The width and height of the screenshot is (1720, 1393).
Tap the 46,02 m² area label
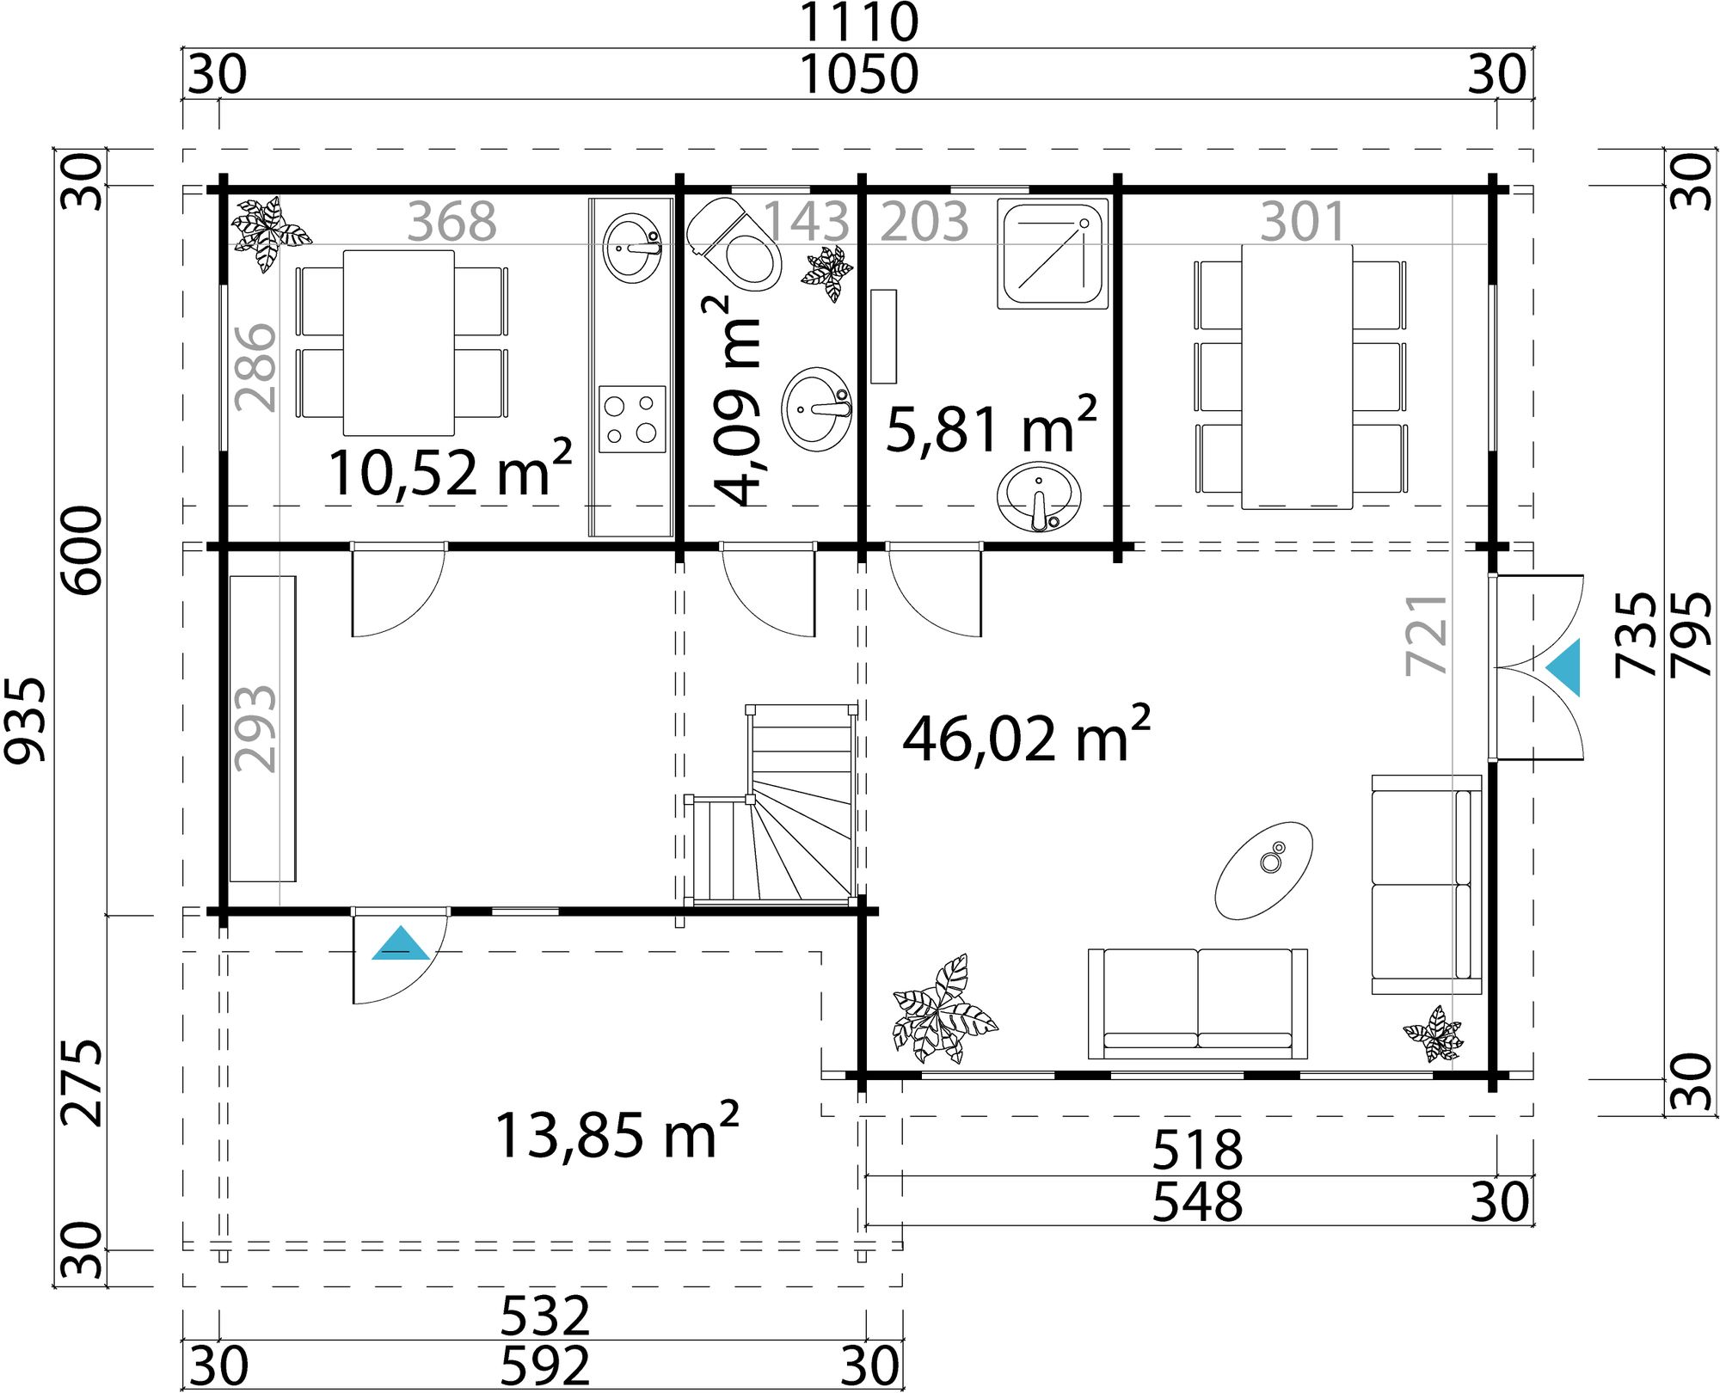[1025, 737]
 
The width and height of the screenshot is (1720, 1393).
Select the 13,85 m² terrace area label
[616, 1133]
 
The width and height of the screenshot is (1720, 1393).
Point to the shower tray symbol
[1052, 254]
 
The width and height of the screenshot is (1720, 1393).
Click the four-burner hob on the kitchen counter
[632, 419]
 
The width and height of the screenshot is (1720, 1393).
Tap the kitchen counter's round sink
[633, 248]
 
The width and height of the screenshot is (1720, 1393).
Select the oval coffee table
[1263, 870]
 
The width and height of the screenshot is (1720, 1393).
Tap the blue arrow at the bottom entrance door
[400, 944]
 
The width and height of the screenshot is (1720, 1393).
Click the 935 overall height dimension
[25, 720]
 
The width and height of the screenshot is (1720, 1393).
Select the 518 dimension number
[1196, 1151]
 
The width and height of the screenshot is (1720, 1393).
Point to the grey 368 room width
[451, 222]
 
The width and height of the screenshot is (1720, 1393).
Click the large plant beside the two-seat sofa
[943, 1011]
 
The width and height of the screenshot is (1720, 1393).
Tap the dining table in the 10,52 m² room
[398, 342]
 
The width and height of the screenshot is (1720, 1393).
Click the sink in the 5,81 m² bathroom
[1039, 497]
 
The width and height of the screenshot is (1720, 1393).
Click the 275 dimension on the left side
[83, 1083]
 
